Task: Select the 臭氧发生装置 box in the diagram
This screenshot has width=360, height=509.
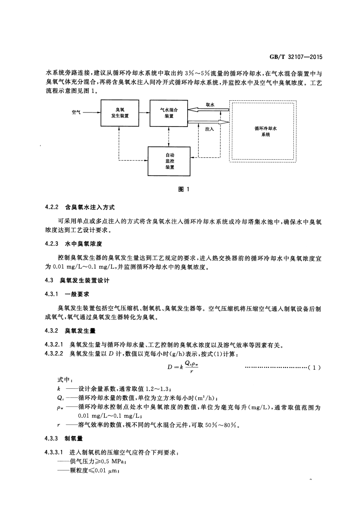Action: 120,113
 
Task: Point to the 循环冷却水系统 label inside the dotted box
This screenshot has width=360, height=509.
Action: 266,132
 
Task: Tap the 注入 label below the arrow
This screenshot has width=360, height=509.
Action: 209,129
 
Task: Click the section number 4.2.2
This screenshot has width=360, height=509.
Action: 53,207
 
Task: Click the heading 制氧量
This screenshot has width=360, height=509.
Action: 73,439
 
